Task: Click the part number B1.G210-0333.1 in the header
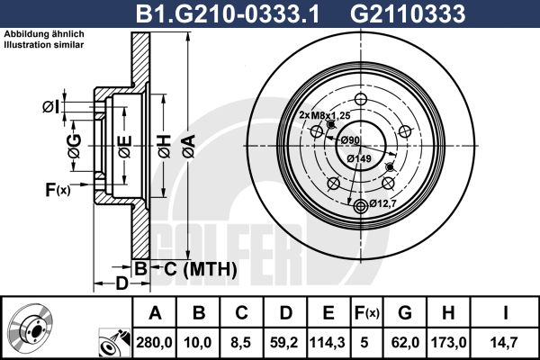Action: [x=228, y=13]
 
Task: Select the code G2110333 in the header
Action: [x=408, y=13]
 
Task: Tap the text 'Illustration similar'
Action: [x=44, y=45]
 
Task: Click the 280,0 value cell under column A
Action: [x=154, y=342]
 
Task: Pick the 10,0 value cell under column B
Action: [x=198, y=342]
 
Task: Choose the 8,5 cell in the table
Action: [x=241, y=342]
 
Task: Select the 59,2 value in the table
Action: [x=284, y=342]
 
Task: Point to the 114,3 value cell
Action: [x=328, y=342]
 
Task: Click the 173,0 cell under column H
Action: [x=449, y=342]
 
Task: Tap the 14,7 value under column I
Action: [x=505, y=342]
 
